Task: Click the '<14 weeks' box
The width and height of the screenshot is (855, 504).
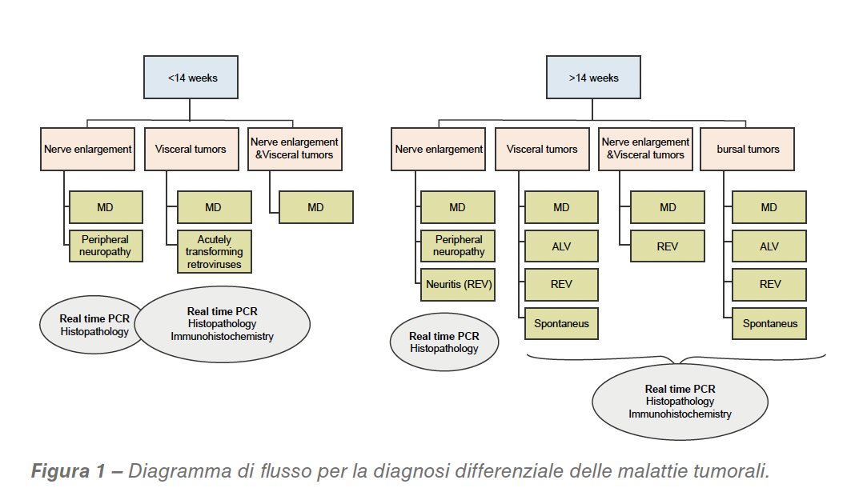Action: [192, 78]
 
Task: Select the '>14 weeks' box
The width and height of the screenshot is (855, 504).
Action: [593, 78]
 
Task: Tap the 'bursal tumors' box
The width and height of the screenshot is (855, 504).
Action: [747, 149]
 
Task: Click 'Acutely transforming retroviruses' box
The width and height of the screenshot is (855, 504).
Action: [214, 252]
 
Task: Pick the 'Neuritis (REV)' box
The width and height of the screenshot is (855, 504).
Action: [458, 285]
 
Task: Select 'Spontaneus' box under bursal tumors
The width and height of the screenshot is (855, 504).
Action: [769, 324]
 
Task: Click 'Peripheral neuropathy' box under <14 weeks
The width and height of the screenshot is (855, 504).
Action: [106, 246]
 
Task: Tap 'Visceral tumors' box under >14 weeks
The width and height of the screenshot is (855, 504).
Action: [541, 149]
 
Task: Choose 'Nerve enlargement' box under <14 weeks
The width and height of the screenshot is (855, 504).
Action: [87, 149]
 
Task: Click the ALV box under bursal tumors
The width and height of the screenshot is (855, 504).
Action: [769, 246]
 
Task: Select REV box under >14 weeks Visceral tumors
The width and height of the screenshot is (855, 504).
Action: [561, 285]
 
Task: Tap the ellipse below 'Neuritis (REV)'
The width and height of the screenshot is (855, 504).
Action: [444, 342]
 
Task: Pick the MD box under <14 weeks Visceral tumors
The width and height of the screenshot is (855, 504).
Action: [214, 207]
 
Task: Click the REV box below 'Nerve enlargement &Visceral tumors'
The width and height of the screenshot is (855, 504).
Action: [668, 246]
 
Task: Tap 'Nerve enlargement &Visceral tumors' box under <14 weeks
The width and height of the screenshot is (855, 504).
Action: [295, 149]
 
